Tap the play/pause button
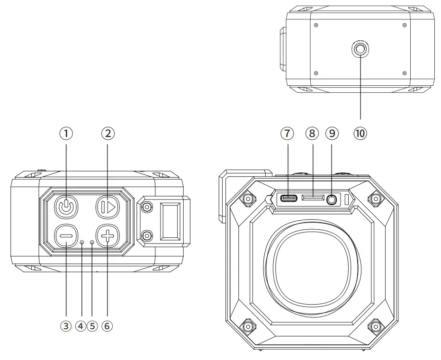(x=108, y=207)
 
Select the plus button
(x=107, y=235)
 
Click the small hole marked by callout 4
(x=82, y=243)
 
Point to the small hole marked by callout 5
(x=92, y=243)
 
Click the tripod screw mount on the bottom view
(x=360, y=48)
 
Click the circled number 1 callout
(x=68, y=134)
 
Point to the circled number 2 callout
(x=108, y=134)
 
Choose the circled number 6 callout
(x=108, y=326)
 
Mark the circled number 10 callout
(x=360, y=134)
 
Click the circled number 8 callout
(x=311, y=134)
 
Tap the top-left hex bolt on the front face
(x=246, y=198)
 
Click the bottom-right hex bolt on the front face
(x=376, y=326)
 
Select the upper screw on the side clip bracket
(x=147, y=207)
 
